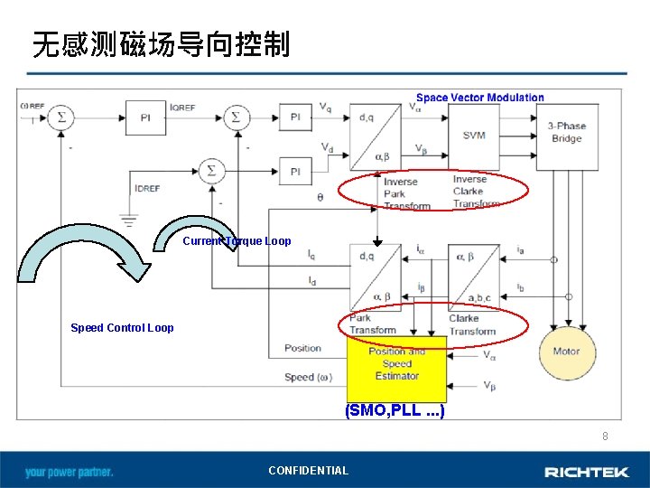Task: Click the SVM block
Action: click(x=474, y=135)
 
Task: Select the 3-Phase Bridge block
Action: click(x=566, y=133)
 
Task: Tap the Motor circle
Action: click(x=566, y=351)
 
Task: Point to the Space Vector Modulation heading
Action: click(x=479, y=98)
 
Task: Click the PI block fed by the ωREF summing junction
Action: click(x=145, y=117)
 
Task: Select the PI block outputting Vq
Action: click(x=295, y=117)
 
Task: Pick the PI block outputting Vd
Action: click(x=295, y=170)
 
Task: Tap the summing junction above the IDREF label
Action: click(x=212, y=170)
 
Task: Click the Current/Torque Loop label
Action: click(x=237, y=241)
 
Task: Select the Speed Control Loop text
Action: click(x=122, y=328)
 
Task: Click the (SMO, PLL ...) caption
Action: click(x=395, y=411)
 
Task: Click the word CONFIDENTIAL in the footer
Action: click(x=308, y=471)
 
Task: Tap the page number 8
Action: click(x=606, y=436)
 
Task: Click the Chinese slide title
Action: click(x=161, y=43)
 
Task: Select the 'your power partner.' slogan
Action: click(x=70, y=472)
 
